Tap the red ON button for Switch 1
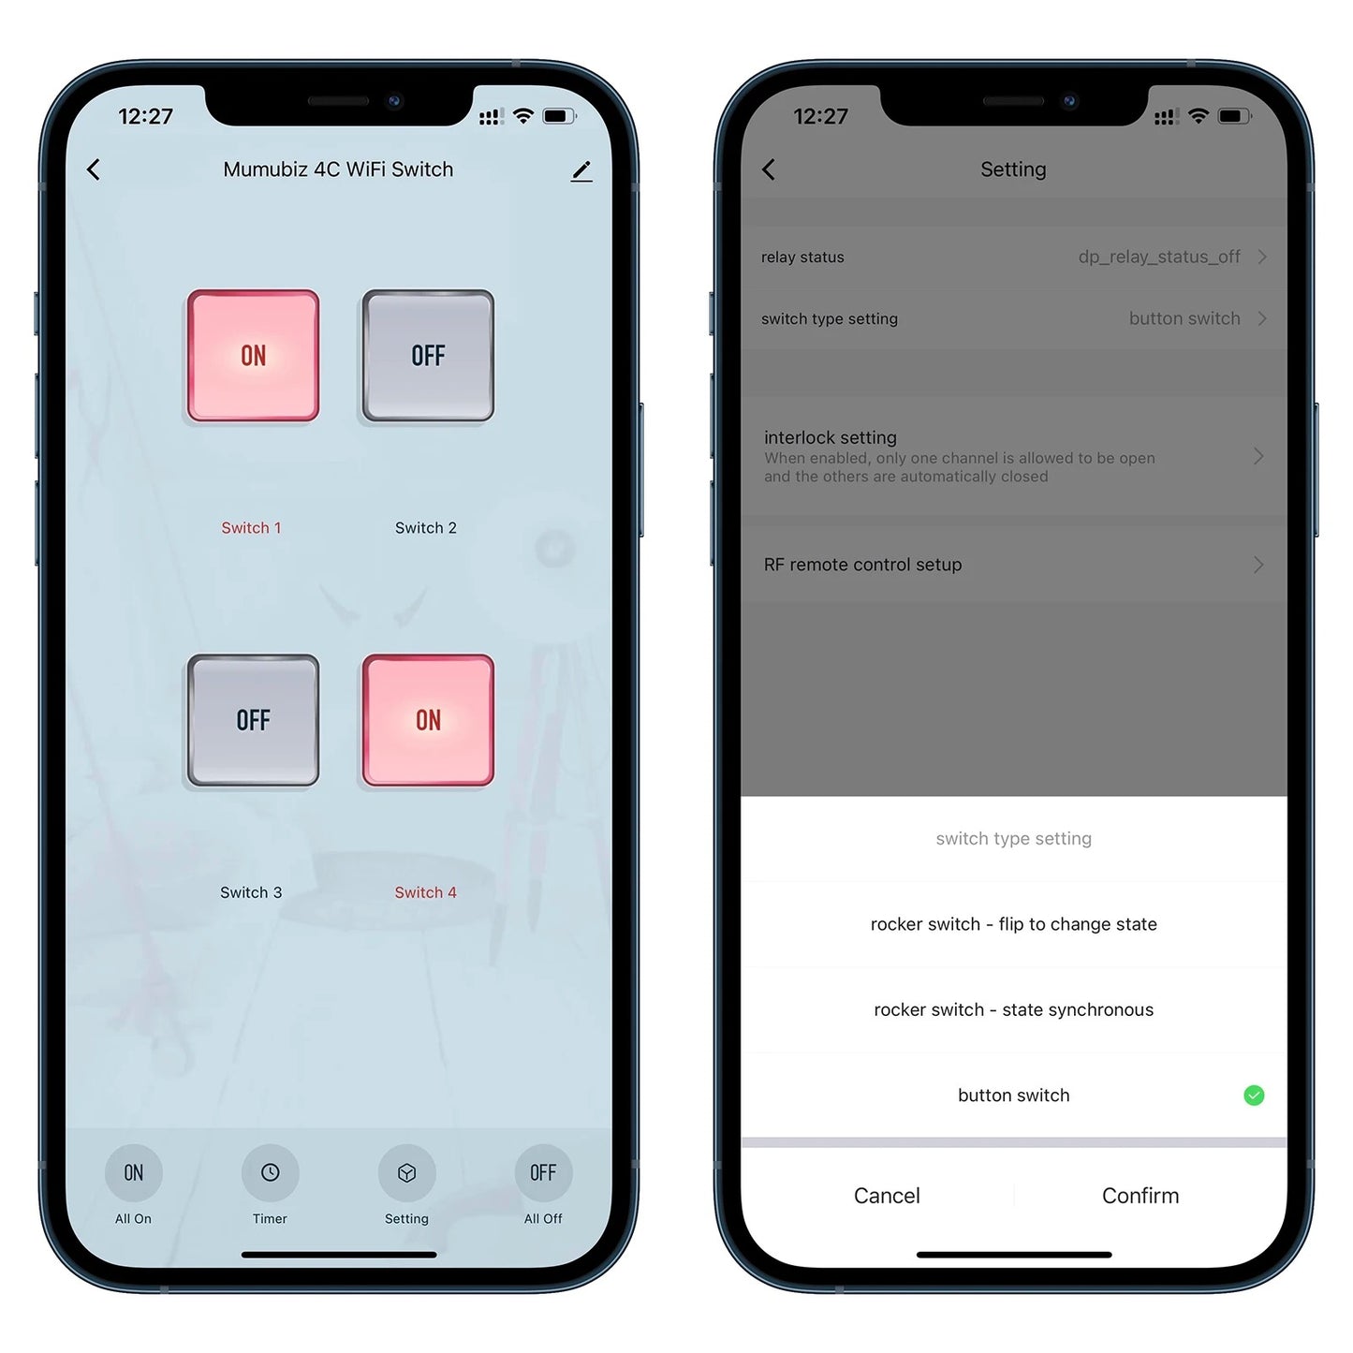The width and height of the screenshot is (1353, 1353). (253, 355)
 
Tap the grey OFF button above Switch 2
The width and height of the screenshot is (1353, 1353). (428, 355)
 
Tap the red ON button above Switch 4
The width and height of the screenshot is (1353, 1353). (428, 720)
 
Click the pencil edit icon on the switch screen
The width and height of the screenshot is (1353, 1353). (581, 170)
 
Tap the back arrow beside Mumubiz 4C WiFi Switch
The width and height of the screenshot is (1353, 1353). (94, 169)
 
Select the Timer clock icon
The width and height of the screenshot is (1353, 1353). (271, 1172)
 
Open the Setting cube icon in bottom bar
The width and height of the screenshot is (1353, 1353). (406, 1172)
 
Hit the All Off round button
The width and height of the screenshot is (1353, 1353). (543, 1172)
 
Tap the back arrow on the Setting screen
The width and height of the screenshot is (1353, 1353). (769, 169)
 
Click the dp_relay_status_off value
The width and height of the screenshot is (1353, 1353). (1159, 257)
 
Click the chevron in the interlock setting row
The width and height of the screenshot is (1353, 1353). (1258, 456)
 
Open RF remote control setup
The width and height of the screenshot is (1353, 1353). (863, 565)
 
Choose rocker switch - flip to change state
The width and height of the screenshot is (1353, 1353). (1013, 924)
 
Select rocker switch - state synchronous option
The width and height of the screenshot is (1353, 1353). (1013, 1009)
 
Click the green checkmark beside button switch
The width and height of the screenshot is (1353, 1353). (1254, 1096)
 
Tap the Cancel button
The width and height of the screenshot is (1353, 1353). (887, 1195)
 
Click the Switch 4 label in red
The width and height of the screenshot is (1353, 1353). (425, 892)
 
